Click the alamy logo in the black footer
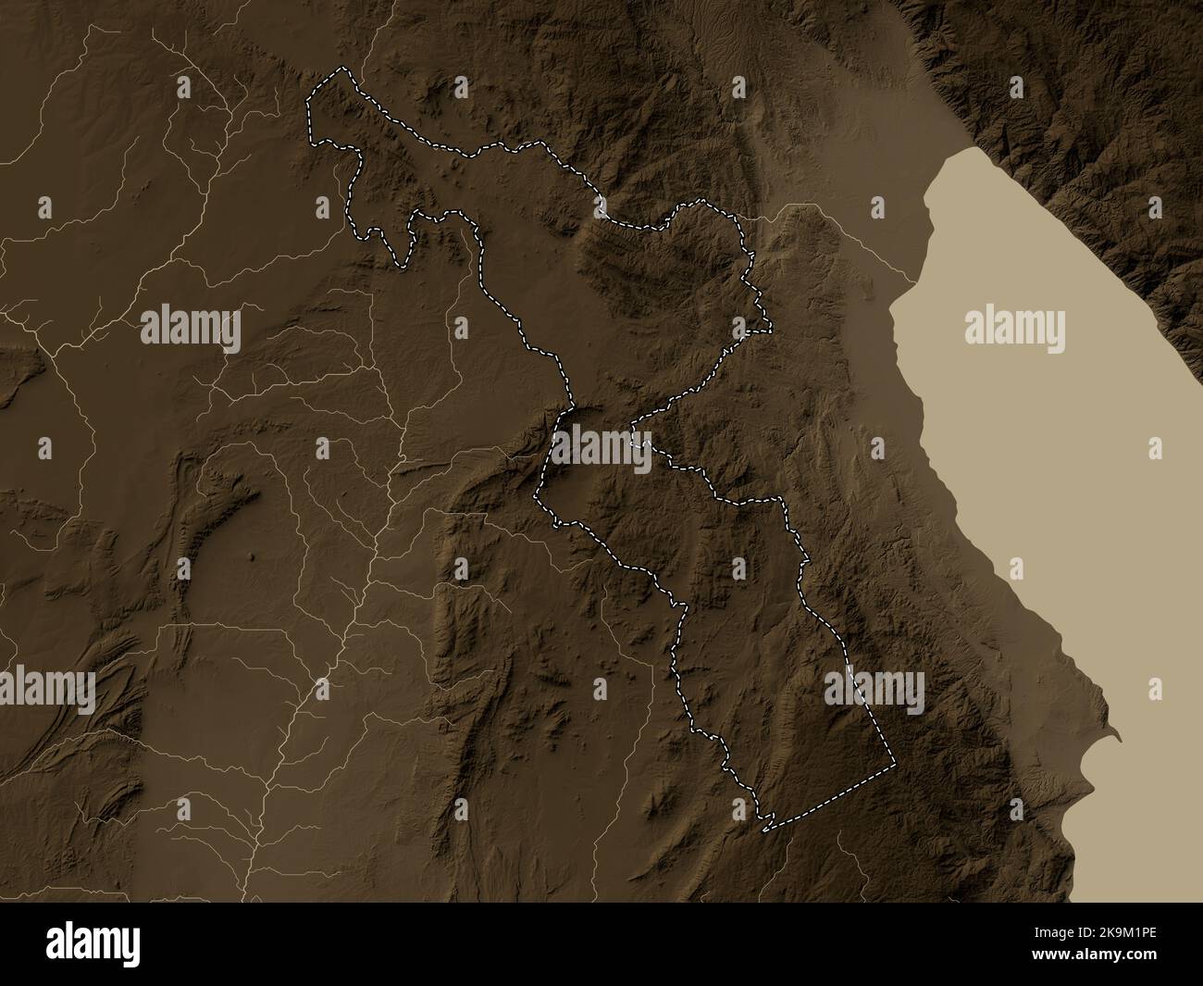coord(97,944)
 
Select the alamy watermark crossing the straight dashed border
coord(874,691)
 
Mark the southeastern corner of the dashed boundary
coord(896,765)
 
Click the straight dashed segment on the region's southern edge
coord(833,796)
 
